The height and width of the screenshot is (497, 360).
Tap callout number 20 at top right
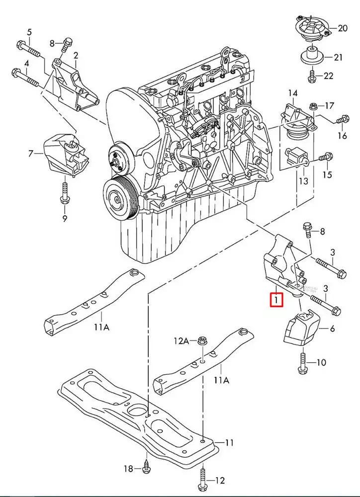[343, 28]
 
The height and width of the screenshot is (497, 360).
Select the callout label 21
[338, 58]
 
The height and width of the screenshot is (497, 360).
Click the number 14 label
[292, 93]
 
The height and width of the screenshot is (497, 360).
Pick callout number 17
[330, 105]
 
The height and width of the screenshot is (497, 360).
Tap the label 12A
[181, 341]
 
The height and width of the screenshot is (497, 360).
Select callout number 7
[31, 153]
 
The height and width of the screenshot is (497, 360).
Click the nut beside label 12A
[202, 341]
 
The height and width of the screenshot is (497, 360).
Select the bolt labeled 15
[322, 158]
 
